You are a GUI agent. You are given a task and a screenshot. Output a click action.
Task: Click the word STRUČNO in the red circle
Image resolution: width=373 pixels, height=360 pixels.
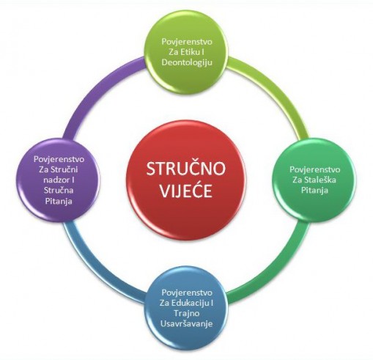pos(186,169)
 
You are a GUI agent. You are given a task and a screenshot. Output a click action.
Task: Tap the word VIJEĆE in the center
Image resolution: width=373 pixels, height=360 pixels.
pos(186,191)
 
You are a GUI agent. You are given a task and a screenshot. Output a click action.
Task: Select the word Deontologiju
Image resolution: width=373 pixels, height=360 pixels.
pos(187,62)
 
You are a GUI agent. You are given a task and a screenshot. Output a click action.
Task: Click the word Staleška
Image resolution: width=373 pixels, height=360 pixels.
pos(320,180)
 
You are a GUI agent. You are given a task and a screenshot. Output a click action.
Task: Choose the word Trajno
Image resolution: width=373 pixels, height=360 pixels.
pos(187,314)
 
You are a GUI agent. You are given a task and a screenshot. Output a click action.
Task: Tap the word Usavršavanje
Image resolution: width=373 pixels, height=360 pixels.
pos(186,324)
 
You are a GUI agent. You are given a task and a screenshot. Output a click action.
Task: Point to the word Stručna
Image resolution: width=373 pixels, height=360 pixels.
pos(59,191)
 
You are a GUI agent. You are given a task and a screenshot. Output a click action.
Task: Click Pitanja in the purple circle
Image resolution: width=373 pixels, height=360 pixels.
pos(59,201)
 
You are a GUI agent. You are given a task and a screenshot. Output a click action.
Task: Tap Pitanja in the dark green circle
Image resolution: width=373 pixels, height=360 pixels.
pos(314,190)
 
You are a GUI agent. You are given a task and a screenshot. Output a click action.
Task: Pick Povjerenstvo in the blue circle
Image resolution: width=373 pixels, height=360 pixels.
pos(187,293)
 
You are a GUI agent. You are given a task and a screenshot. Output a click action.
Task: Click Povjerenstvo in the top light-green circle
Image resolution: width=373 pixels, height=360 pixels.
pos(187,42)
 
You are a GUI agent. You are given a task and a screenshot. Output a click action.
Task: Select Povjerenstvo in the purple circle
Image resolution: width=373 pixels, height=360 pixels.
pos(59,159)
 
